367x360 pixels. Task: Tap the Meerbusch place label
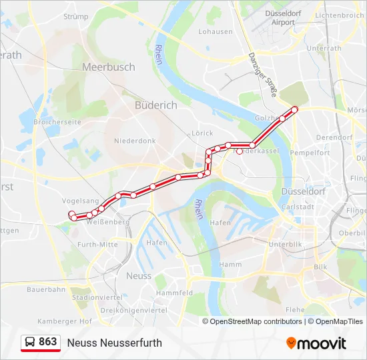108,67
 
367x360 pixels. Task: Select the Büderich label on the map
155,105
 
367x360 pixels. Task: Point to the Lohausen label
215,31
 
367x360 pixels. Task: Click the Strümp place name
75,17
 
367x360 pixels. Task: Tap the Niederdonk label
134,141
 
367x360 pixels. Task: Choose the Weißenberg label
103,221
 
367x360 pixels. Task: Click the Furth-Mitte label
97,245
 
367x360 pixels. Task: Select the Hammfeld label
174,293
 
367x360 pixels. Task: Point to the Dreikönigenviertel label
133,310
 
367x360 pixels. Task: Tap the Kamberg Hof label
65,321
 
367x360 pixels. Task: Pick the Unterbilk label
286,245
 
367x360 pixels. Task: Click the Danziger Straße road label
262,75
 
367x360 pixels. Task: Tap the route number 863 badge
41,342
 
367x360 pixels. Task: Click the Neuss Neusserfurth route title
114,343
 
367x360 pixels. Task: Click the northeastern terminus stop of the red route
294,109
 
